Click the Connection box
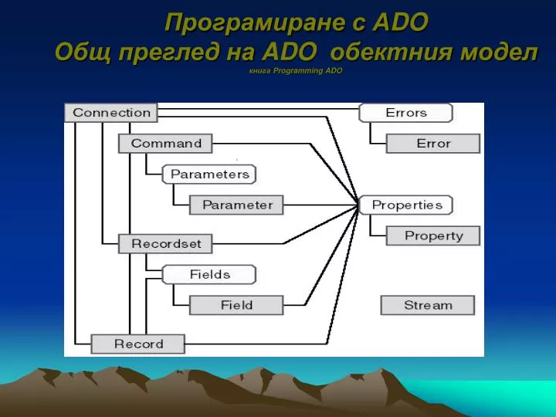(111, 113)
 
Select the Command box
(165, 144)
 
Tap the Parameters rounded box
(209, 175)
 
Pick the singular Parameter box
(237, 205)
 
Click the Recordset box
(165, 244)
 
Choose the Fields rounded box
(209, 274)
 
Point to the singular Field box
(236, 305)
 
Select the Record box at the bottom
(138, 344)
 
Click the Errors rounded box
(405, 113)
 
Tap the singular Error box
(433, 144)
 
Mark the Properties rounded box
(406, 205)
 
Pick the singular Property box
(433, 236)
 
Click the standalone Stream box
(428, 305)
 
